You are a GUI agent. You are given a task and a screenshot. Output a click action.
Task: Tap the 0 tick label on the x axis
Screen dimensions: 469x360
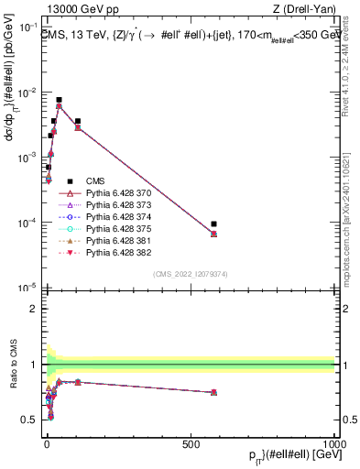pyautogui.click(x=46, y=445)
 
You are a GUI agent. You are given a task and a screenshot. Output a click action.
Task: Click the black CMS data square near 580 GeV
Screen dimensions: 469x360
pyautogui.click(x=213, y=224)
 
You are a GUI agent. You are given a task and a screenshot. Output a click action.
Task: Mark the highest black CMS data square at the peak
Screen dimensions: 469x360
pyautogui.click(x=59, y=100)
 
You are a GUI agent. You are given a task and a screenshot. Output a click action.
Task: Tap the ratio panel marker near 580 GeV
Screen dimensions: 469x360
pyautogui.click(x=213, y=392)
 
